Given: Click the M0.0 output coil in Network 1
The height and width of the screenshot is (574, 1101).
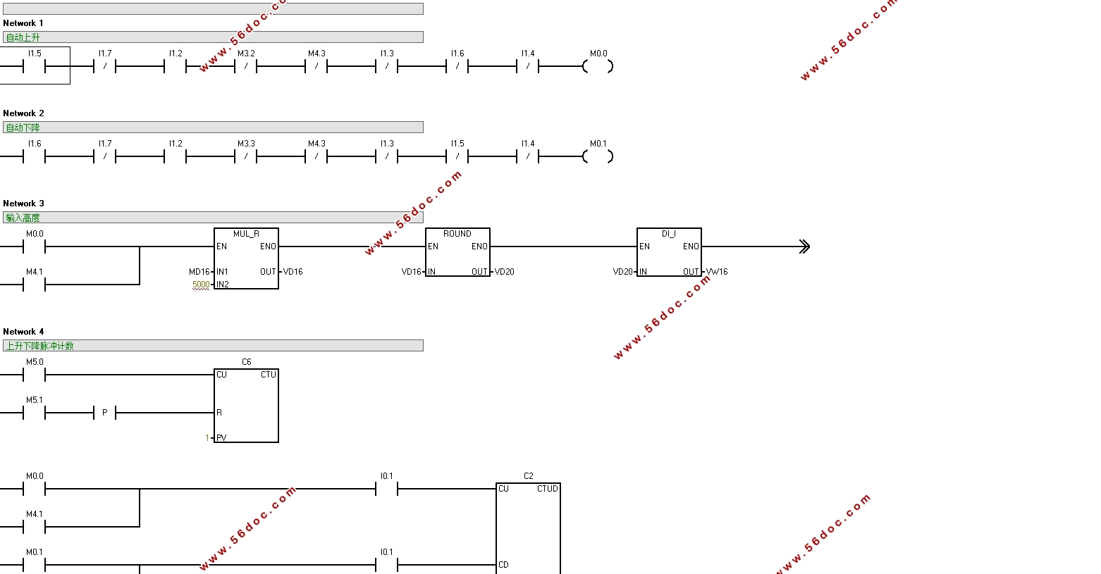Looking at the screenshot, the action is click(x=598, y=66).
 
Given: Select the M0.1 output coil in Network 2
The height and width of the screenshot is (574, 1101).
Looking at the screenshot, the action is click(x=598, y=156).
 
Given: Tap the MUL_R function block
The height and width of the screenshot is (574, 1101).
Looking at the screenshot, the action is click(x=246, y=258).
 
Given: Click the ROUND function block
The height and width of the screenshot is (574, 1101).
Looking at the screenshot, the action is click(x=457, y=252).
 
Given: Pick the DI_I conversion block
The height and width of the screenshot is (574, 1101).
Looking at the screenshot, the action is click(x=669, y=252).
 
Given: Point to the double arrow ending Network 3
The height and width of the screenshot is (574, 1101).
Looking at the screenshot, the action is click(x=804, y=247).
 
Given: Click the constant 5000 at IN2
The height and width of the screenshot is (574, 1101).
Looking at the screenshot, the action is click(x=201, y=285).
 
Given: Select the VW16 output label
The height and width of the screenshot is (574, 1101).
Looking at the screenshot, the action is click(x=717, y=272).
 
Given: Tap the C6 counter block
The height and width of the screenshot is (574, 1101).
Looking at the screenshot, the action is click(x=246, y=406).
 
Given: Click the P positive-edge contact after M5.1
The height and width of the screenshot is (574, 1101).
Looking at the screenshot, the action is click(x=105, y=413).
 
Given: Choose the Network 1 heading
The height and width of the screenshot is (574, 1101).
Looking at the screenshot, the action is click(x=23, y=23).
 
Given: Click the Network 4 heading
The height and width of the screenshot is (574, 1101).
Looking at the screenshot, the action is click(x=23, y=332).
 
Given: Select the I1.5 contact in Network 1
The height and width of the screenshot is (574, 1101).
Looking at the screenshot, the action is click(x=35, y=66).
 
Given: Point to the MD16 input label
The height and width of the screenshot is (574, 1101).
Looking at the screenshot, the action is click(x=199, y=272).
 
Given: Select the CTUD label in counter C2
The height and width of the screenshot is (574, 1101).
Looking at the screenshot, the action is click(x=548, y=489).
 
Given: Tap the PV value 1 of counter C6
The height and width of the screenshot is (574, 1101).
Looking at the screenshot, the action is click(x=207, y=437).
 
